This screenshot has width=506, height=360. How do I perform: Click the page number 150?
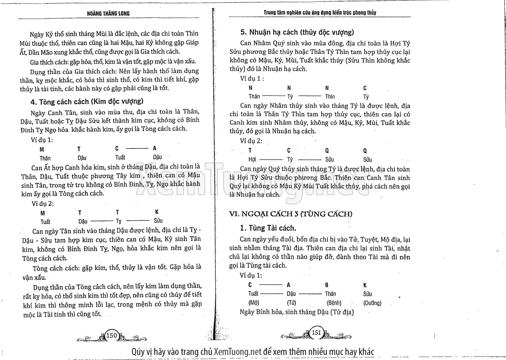[x=111, y=335]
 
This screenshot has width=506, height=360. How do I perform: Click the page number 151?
[x=316, y=332]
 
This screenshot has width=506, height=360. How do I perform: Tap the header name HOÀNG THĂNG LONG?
[x=108, y=13]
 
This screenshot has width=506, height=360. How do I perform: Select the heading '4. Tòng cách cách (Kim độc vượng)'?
[x=87, y=102]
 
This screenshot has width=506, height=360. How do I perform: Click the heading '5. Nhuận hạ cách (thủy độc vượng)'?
[x=297, y=32]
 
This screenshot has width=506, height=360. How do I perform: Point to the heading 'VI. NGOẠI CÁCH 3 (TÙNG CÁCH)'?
[x=291, y=214]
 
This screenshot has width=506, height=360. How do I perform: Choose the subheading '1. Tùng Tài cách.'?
[x=268, y=228]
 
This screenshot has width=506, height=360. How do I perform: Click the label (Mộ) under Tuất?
[x=254, y=303]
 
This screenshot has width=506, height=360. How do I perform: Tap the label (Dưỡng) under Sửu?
[x=372, y=303]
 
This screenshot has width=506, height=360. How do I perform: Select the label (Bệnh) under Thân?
[x=334, y=303]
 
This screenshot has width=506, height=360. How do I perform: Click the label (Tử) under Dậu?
[x=291, y=303]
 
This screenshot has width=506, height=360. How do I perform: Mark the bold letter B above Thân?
[x=327, y=285]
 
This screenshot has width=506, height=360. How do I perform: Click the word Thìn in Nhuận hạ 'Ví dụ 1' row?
[x=330, y=97]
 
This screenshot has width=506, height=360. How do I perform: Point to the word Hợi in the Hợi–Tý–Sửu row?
[x=252, y=160]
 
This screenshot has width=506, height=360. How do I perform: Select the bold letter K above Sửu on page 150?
[x=157, y=212]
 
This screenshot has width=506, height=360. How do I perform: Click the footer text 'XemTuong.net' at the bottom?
[x=238, y=352]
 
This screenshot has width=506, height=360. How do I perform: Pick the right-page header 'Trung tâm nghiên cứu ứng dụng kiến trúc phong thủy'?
[x=320, y=13]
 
